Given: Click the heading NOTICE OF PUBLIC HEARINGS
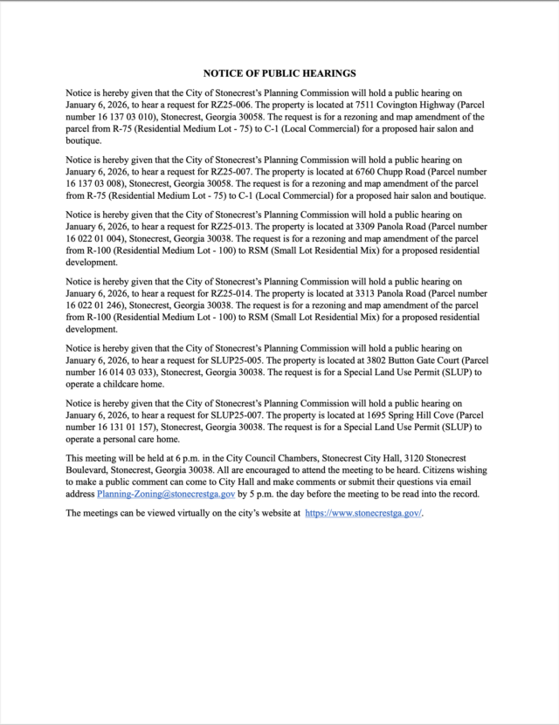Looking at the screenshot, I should click(279, 74).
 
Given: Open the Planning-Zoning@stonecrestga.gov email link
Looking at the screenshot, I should click(166, 494).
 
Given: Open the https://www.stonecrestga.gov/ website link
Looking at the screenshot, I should click(363, 513).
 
